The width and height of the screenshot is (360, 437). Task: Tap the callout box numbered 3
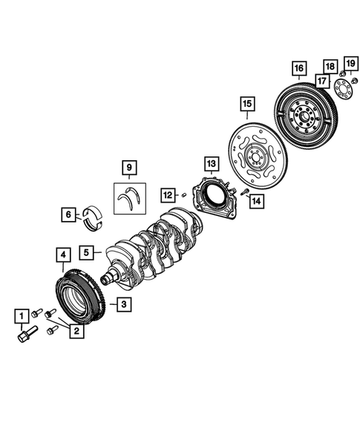tap(122, 303)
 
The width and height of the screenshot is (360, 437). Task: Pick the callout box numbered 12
tap(168, 194)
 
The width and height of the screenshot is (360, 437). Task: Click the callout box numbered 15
tap(246, 103)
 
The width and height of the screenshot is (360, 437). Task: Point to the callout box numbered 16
tap(299, 70)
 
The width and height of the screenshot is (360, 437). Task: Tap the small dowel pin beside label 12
tap(183, 196)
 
